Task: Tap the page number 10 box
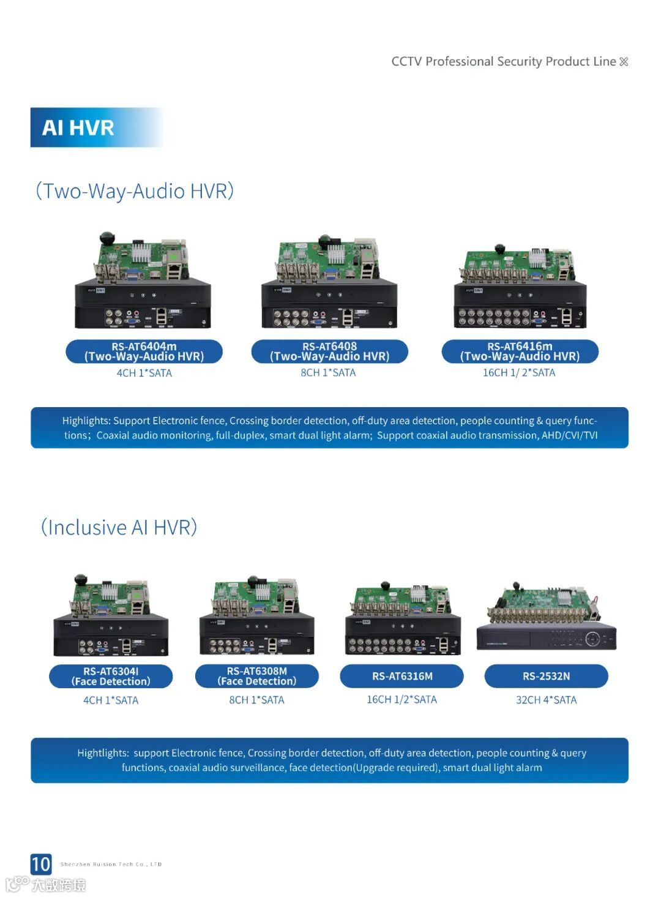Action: [41, 864]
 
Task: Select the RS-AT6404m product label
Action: [144, 351]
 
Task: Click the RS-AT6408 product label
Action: [329, 351]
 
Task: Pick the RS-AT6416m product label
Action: [520, 351]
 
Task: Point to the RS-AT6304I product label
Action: [111, 676]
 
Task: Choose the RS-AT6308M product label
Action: [256, 676]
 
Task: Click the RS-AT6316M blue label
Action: [402, 676]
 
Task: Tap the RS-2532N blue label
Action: [546, 676]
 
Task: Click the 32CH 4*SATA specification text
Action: [546, 700]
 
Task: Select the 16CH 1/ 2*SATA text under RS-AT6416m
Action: [519, 372]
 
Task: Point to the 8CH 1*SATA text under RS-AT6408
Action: [328, 372]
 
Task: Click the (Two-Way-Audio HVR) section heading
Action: [135, 191]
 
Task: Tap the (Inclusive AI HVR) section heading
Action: [119, 527]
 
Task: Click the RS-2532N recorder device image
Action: [546, 618]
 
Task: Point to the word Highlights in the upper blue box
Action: [86, 421]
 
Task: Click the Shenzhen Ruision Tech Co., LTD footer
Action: [111, 865]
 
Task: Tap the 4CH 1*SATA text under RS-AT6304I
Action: [111, 700]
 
